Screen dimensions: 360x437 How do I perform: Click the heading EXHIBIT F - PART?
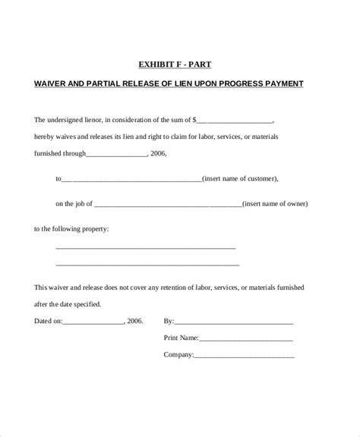(x=180, y=65)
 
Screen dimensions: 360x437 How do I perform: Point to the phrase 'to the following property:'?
(x=72, y=228)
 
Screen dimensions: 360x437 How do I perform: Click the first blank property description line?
(x=146, y=248)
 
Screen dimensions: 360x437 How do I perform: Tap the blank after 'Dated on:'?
(x=93, y=322)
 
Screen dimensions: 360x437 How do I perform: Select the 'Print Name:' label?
(x=181, y=338)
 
